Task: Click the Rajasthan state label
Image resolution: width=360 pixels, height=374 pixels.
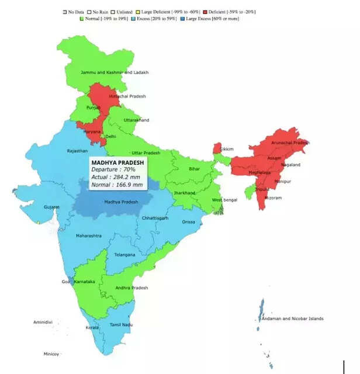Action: tap(78, 151)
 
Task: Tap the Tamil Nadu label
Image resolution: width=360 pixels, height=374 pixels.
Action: tap(122, 324)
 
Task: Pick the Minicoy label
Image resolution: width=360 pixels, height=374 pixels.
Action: tap(51, 354)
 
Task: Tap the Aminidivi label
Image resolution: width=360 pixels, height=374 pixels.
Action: tap(43, 322)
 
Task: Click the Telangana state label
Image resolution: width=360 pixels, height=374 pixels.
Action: tap(124, 255)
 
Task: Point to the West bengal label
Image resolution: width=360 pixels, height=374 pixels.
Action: tap(225, 200)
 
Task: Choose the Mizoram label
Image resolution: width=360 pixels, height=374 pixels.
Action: tap(273, 198)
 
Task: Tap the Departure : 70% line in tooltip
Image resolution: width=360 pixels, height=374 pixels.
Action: tap(112, 169)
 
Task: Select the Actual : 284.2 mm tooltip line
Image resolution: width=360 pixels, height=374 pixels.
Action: tap(116, 177)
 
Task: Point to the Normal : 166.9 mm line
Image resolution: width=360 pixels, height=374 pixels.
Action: tap(117, 185)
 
